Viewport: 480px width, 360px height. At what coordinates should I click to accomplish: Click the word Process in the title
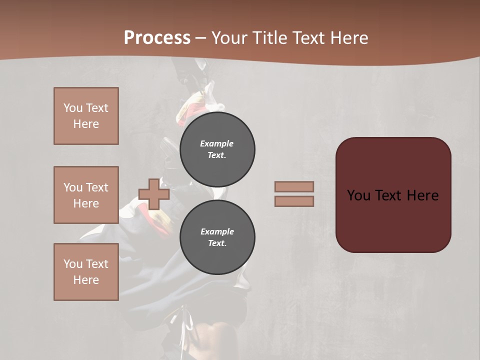tap(157, 38)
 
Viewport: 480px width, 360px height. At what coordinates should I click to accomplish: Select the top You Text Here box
tap(86, 116)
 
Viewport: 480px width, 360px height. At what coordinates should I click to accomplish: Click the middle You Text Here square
tap(86, 195)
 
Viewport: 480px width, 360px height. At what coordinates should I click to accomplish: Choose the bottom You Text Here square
tap(86, 272)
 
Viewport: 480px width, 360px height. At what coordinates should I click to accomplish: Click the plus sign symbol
tap(153, 194)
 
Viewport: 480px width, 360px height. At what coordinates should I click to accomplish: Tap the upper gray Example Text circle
tap(217, 149)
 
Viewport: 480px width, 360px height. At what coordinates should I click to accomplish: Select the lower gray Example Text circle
tap(217, 237)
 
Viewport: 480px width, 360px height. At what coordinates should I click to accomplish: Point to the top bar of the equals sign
tap(294, 186)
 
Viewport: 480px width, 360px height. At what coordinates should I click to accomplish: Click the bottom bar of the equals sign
tap(294, 201)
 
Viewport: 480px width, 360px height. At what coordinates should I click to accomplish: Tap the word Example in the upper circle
tap(217, 143)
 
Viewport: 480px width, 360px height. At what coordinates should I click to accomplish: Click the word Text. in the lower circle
tap(217, 243)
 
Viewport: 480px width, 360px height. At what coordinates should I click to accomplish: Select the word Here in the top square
tap(86, 124)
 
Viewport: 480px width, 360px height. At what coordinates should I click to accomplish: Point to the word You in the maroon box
tap(358, 195)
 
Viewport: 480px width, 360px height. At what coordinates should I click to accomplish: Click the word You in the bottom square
tap(73, 264)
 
